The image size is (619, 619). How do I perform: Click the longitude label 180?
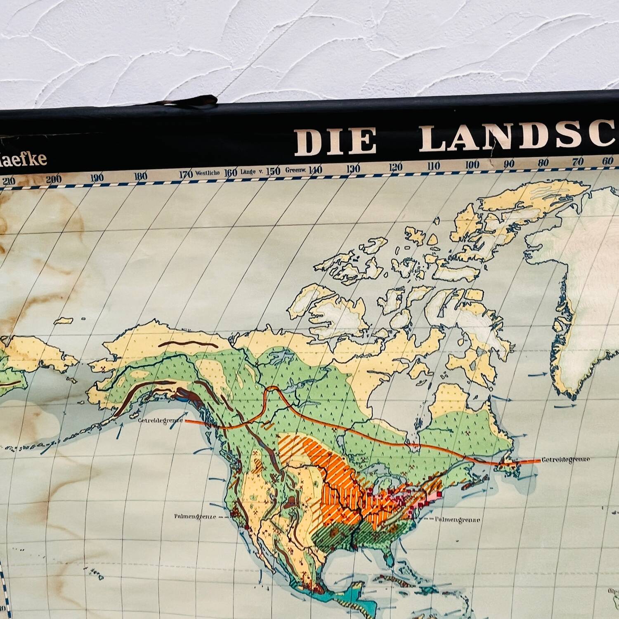pyautogui.click(x=141, y=176)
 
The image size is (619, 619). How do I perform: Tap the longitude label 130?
pyautogui.click(x=354, y=168)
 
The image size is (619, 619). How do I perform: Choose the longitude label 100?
pyautogui.click(x=472, y=165)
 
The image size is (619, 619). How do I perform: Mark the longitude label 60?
pyautogui.click(x=607, y=161)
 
